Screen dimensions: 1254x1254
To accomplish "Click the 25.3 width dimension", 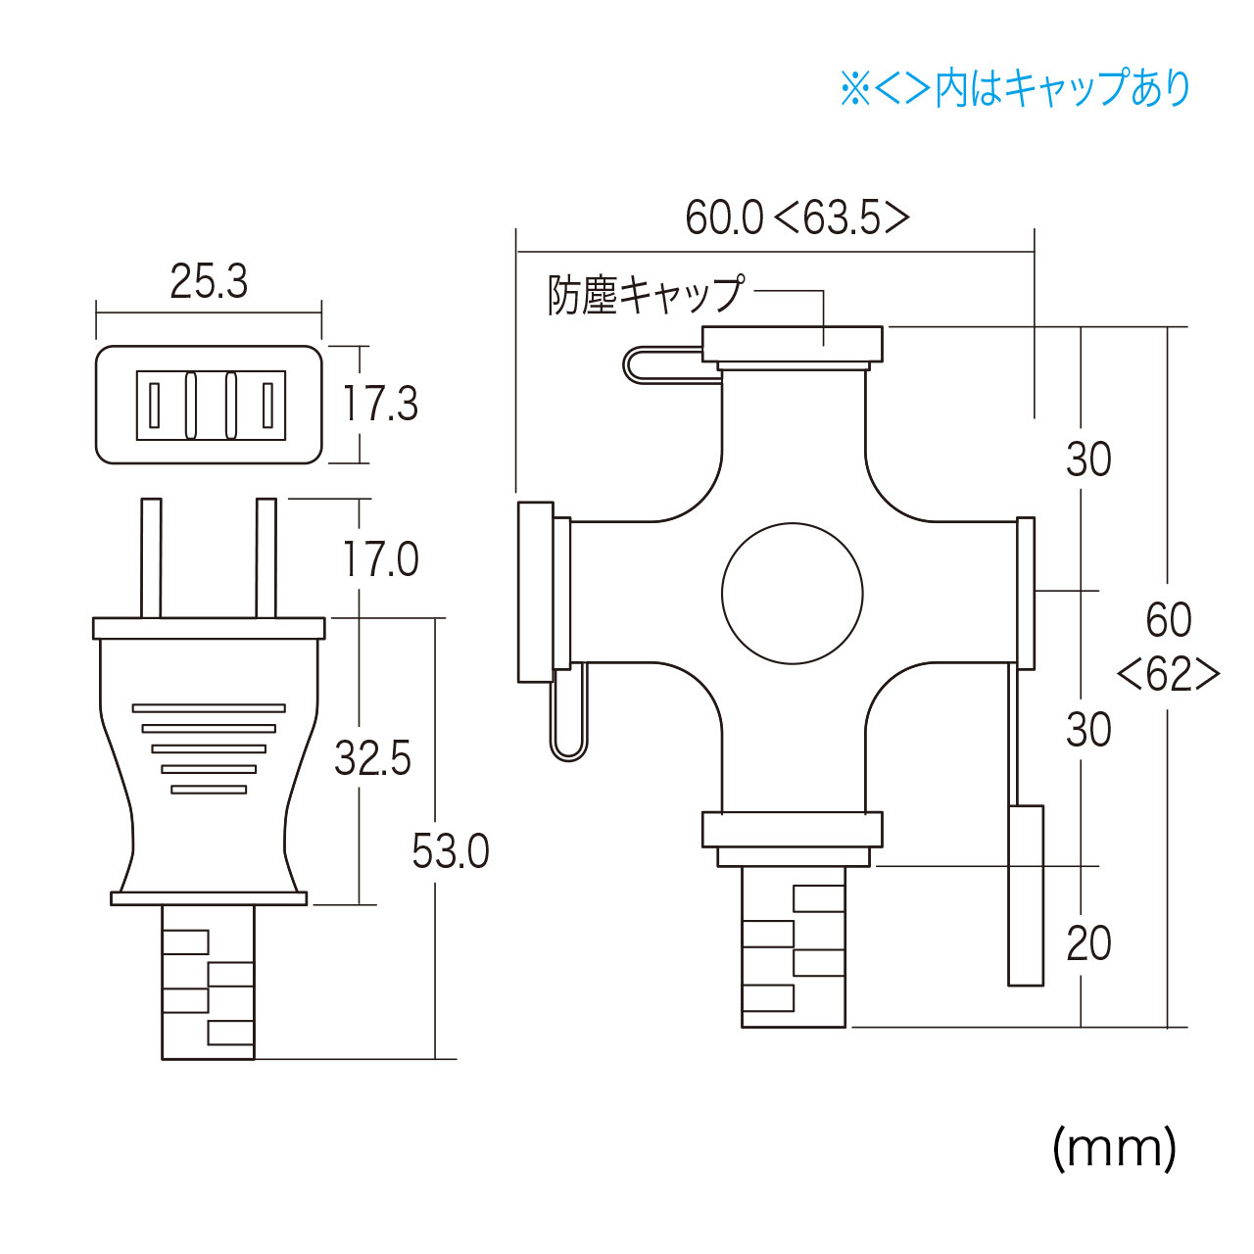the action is [209, 282].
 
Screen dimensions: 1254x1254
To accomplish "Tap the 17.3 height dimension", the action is [380, 404].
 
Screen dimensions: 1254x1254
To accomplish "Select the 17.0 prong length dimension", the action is [380, 559].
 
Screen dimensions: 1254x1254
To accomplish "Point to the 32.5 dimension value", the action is [373, 758].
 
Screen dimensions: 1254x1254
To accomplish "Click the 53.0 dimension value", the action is [451, 851].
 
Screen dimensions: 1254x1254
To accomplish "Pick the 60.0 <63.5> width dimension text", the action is [797, 217].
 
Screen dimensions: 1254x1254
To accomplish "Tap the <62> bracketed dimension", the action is [1169, 675].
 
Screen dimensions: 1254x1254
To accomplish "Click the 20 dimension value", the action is [1088, 943].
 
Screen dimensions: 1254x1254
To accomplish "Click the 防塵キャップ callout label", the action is [645, 295].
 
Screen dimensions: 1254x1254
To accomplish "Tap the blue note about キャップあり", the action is [1015, 88].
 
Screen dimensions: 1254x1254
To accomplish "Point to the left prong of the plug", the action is [151, 557].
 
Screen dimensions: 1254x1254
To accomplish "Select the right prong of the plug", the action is [266, 557].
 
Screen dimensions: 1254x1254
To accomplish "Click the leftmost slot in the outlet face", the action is [154, 405].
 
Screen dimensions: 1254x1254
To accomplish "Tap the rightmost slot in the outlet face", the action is [267, 405].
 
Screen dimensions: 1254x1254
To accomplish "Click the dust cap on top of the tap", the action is [792, 344].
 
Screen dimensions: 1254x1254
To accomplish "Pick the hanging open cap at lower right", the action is [1026, 895].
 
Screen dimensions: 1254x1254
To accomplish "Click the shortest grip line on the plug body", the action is [209, 790].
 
